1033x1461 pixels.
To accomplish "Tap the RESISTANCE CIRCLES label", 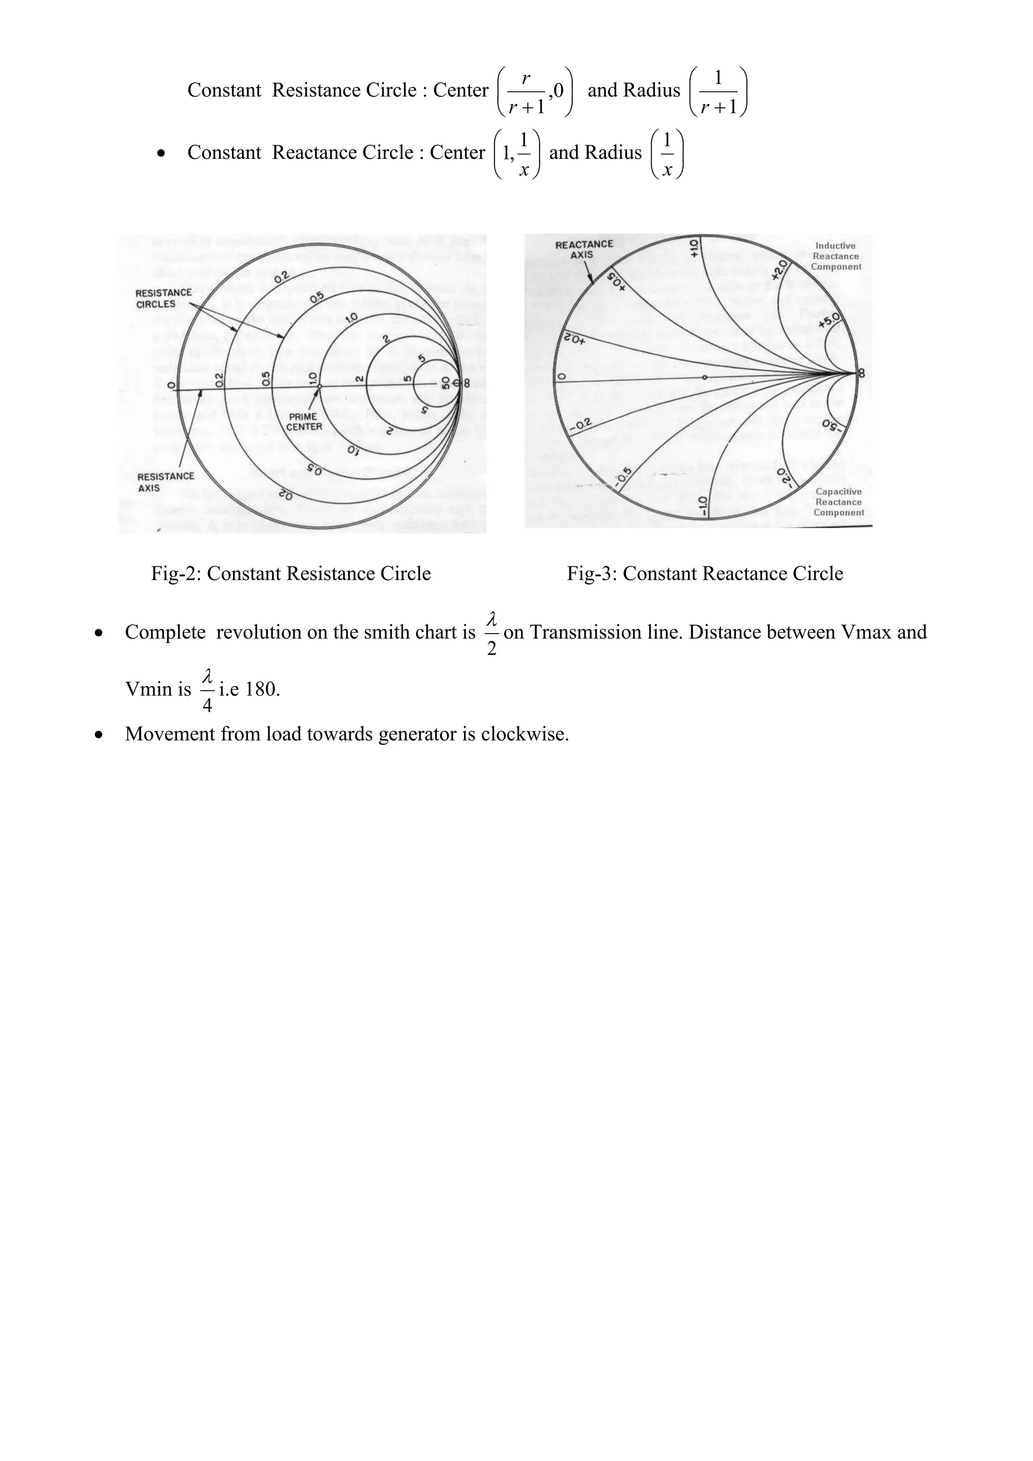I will coord(163,298).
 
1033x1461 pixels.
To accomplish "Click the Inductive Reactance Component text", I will coord(835,256).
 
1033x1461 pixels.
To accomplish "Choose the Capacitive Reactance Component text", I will coord(838,501).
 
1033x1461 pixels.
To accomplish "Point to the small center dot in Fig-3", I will coord(704,377).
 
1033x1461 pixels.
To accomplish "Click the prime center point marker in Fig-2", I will coord(319,386).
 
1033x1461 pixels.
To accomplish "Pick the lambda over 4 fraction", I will coord(207,690).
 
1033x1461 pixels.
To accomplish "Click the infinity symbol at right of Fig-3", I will coord(862,374).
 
